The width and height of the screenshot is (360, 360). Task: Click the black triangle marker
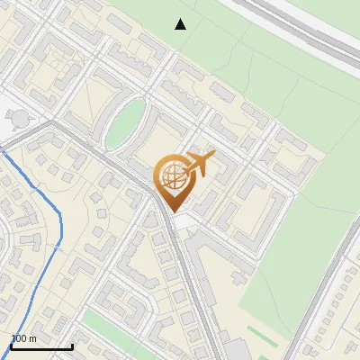coord(181,24)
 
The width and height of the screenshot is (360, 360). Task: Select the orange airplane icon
coord(200,164)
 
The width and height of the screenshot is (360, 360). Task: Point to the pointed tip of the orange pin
coord(171,211)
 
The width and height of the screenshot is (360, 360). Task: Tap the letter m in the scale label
coord(33,338)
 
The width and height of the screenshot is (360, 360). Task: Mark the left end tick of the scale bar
coord(11,346)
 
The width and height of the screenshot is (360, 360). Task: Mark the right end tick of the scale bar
coord(72,346)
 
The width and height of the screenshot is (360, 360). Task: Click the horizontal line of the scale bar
coord(41,347)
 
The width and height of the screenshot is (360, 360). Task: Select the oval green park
coord(125,123)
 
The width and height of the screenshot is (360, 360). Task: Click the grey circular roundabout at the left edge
coord(19,118)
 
